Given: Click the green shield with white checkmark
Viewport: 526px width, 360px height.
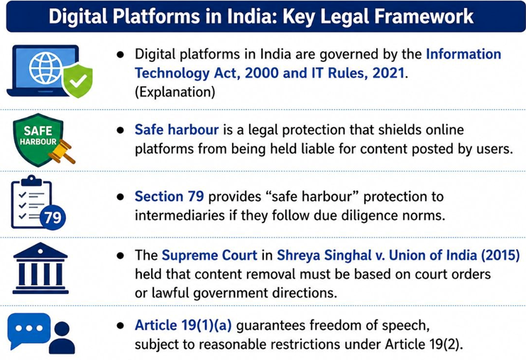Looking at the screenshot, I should tap(77, 82).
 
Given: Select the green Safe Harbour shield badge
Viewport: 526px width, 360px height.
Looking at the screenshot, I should tap(37, 138).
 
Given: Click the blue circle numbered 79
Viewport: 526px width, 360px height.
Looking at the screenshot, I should tap(53, 218).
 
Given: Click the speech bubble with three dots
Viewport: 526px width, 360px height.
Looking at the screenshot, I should tap(28, 329).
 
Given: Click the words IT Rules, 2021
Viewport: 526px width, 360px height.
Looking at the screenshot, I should tap(351, 73).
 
